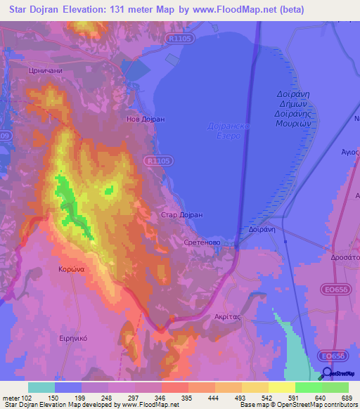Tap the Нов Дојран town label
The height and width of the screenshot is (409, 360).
coord(145,119)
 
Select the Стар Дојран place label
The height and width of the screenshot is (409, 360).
coord(181,214)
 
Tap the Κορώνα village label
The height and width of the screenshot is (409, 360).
coord(71,268)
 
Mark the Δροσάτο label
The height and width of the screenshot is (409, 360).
coord(345,257)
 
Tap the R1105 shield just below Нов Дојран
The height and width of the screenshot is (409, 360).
coord(158,161)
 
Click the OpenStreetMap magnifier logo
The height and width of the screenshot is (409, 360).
coord(326,375)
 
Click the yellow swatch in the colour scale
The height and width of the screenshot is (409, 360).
coord(282,387)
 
